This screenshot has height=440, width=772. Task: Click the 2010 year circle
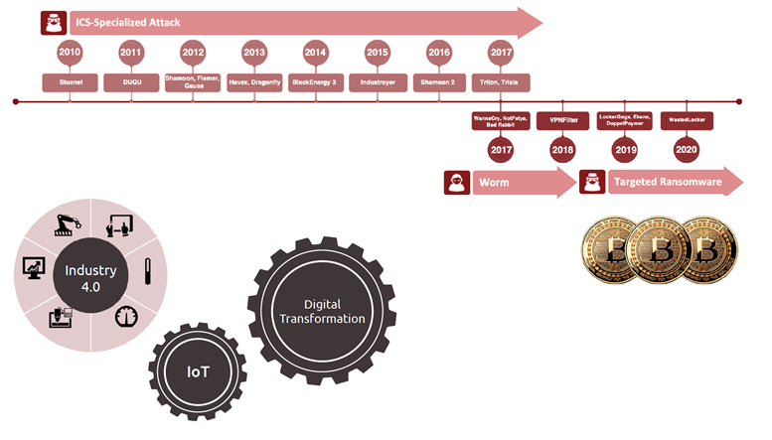[x=70, y=53]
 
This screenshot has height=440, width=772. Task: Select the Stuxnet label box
[x=70, y=82]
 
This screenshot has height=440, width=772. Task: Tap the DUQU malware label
[x=131, y=82]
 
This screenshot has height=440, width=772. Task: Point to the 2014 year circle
[x=316, y=53]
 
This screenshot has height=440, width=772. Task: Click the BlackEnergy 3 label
[x=316, y=82]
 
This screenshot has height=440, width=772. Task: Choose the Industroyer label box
[x=378, y=82]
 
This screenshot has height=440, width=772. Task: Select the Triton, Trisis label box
[x=501, y=82]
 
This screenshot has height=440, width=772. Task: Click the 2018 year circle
[x=562, y=150]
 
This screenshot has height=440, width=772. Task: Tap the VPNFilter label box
[x=562, y=120]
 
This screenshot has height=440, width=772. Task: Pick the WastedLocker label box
[x=686, y=120]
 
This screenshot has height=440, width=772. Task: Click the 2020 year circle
[x=686, y=150]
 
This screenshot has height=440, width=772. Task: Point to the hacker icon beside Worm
[x=457, y=184]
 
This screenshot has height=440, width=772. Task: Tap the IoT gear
[x=200, y=370]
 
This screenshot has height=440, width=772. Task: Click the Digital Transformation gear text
[x=320, y=311]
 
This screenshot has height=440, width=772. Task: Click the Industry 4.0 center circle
[x=91, y=279]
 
